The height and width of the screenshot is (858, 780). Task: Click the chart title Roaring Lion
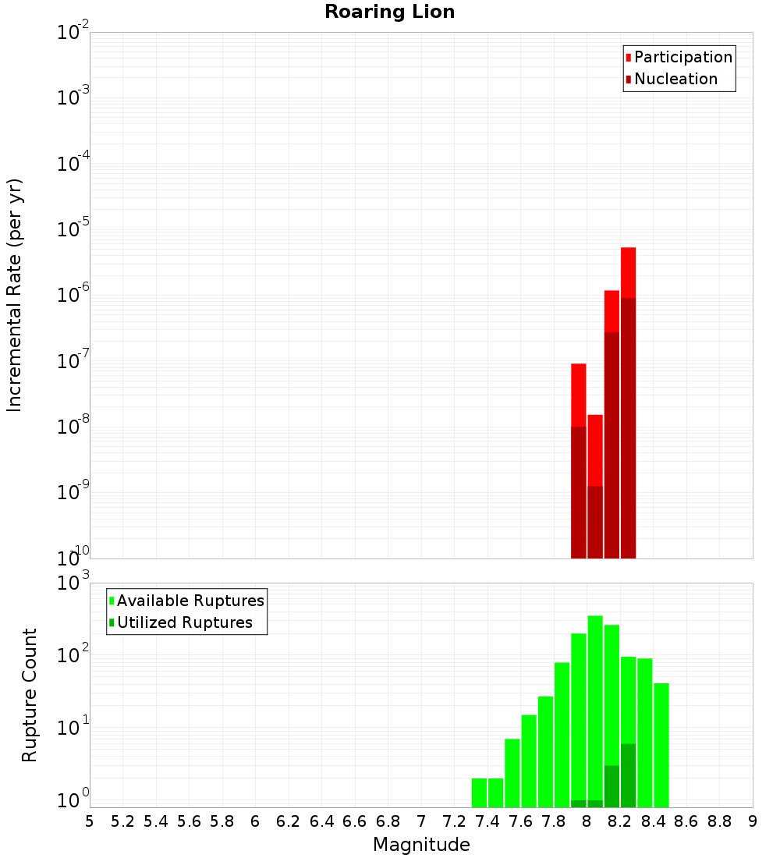pos(389,12)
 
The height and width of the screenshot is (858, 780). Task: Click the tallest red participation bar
pos(628,273)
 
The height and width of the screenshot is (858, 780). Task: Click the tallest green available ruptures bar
pos(595,702)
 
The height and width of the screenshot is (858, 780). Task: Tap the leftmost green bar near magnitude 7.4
pos(479,792)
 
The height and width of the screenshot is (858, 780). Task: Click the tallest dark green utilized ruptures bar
pos(628,775)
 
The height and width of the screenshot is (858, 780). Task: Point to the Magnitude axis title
pos(421,845)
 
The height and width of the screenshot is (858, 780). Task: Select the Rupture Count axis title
pos(30,695)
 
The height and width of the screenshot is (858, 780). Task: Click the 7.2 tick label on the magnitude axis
pos(454,821)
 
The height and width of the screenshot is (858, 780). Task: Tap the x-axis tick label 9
pos(753,821)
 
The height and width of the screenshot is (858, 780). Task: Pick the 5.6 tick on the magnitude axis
pos(189,821)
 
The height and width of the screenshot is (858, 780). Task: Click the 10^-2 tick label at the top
pos(73,33)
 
